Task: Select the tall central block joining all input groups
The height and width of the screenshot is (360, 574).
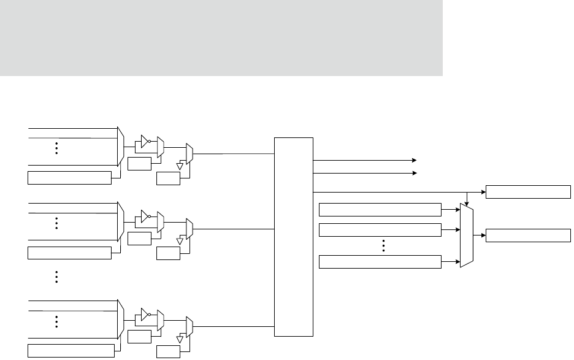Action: [x=294, y=237]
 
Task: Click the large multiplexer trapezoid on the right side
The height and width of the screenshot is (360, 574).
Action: [x=467, y=236]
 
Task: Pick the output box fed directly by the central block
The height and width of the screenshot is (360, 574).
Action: [x=528, y=191]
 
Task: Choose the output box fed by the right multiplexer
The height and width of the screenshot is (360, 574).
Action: [x=528, y=235]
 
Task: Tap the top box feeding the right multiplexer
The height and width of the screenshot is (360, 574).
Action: [x=380, y=209]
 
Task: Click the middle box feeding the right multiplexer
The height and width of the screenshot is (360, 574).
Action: [x=380, y=230]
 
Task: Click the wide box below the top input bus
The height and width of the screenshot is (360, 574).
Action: [x=69, y=178]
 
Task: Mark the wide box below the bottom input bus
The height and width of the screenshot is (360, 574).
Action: [x=69, y=351]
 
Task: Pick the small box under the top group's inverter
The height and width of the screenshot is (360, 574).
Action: [x=139, y=163]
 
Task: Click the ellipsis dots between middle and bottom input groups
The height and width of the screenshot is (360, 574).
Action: [x=56, y=277]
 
